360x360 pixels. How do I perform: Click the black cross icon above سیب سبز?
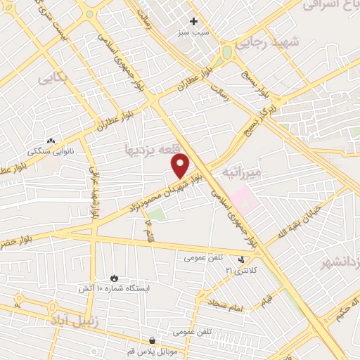194,21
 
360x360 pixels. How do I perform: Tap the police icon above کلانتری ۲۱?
242,259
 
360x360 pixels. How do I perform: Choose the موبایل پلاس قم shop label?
152,352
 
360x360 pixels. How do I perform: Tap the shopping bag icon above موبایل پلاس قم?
153,341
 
